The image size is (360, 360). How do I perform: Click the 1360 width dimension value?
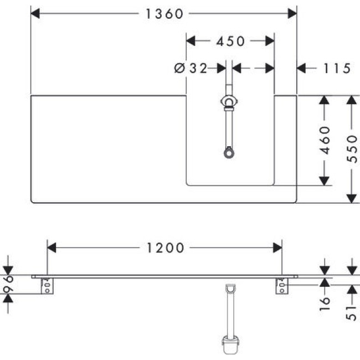pyautogui.click(x=164, y=14)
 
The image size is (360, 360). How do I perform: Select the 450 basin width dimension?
pyautogui.click(x=230, y=41)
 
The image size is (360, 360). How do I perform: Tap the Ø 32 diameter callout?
pyautogui.click(x=190, y=68)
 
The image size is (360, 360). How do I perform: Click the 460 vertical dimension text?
pyautogui.click(x=325, y=141)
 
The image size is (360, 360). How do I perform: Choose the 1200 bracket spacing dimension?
pyautogui.click(x=165, y=247)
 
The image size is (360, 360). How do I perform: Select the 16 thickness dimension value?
pyautogui.click(x=325, y=302)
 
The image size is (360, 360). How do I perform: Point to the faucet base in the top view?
pyautogui.click(x=229, y=102)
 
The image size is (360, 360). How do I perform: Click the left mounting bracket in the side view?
pyautogui.click(x=49, y=286)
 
